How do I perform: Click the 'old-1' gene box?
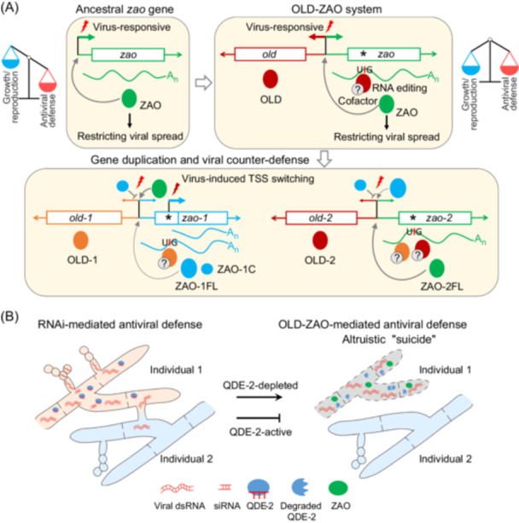(84, 218)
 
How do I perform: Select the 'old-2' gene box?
(321, 218)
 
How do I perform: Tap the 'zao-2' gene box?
(434, 218)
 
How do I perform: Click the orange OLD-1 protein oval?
(81, 241)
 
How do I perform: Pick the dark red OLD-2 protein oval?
(320, 241)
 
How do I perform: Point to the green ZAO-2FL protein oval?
(437, 269)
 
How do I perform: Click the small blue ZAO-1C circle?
(207, 269)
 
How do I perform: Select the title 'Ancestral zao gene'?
(125, 9)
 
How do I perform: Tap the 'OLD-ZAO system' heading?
(336, 9)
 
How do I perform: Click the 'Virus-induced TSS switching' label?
(248, 179)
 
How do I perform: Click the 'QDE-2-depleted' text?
(260, 386)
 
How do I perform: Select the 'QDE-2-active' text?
(260, 432)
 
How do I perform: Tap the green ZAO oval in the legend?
(338, 488)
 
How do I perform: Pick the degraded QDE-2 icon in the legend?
(300, 487)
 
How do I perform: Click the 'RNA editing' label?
(399, 88)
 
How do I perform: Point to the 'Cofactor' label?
(358, 101)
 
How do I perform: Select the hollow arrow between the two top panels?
(203, 83)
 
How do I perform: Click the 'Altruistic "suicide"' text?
(389, 340)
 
